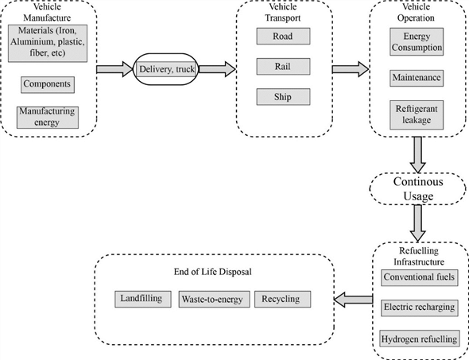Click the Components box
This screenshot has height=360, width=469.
[48, 84]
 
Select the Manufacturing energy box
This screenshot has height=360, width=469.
[48, 118]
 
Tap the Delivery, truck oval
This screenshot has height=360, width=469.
[165, 69]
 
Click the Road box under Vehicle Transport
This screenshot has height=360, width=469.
[283, 37]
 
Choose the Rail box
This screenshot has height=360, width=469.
[283, 67]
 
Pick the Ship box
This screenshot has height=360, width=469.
[283, 97]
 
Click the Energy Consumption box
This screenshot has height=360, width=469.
[417, 42]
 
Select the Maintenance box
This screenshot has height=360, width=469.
[417, 78]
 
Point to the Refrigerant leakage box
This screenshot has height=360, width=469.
[417, 114]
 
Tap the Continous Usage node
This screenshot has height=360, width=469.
[418, 188]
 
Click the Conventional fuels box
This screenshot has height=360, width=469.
[420, 277]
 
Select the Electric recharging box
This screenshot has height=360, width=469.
[420, 308]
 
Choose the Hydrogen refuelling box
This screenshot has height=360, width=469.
[420, 339]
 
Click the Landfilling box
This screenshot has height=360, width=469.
[143, 299]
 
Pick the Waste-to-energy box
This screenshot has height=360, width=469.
[214, 299]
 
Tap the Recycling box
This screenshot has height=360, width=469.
[283, 299]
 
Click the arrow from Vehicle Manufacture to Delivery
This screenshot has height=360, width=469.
[114, 69]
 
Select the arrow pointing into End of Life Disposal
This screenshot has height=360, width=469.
[353, 300]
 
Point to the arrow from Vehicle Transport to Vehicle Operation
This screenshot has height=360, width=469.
[351, 69]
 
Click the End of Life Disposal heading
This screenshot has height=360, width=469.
[213, 272]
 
